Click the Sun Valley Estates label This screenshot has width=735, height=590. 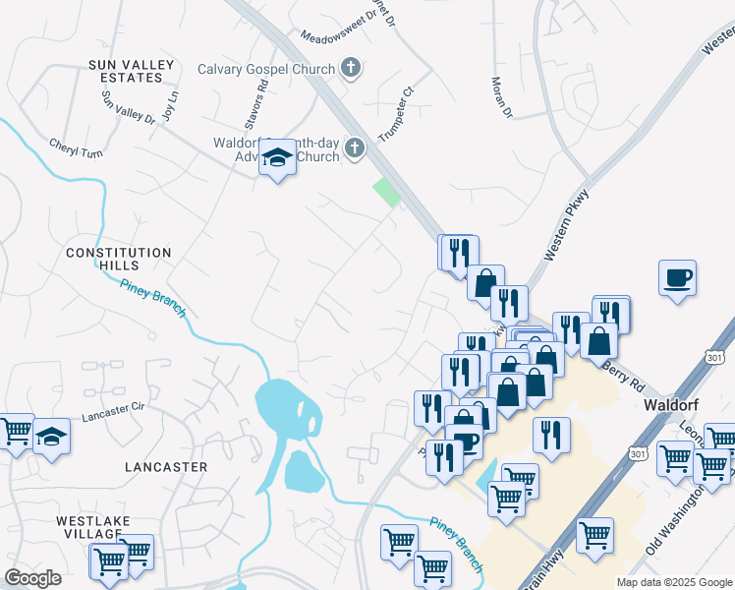coord(131,71)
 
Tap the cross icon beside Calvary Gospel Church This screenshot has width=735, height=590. coord(350,69)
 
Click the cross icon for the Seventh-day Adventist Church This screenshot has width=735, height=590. coord(354,149)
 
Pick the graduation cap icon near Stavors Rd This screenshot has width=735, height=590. coord(278,157)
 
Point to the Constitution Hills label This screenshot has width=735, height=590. coord(118,260)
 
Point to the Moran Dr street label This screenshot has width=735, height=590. coord(502,97)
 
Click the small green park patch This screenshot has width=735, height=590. coord(387,192)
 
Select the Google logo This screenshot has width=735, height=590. coord(32,578)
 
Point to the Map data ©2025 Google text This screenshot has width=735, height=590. coord(673,582)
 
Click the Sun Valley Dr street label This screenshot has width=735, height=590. coord(129,106)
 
